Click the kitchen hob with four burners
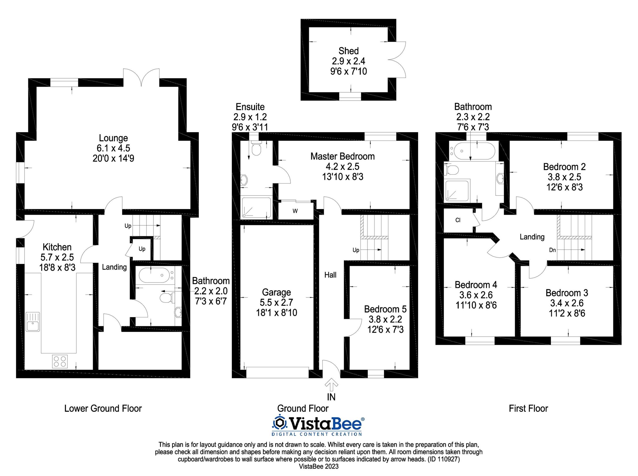(60, 361)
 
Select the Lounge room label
(113, 138)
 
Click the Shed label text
(348, 51)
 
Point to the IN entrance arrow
(331, 385)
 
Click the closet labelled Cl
(458, 220)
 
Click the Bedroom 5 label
(385, 309)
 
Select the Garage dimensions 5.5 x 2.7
(276, 303)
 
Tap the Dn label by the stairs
(552, 250)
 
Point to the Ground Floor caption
(303, 408)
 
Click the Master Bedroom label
(342, 156)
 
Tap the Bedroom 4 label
(476, 285)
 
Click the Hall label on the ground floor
(330, 275)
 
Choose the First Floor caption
(528, 408)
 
